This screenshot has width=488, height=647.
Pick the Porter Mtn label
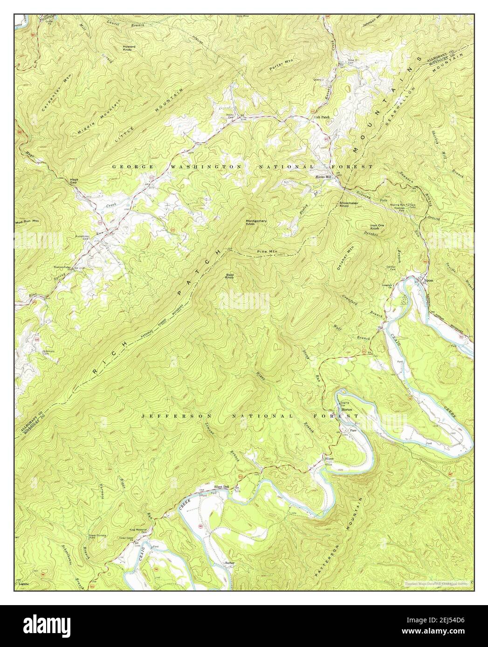279,67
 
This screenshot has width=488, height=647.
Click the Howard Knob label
129,48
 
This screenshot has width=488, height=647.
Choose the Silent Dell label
220,487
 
